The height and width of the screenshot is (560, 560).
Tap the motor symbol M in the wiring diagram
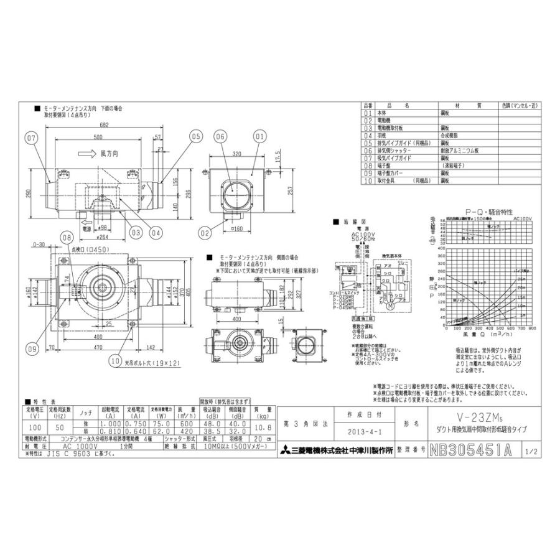389,306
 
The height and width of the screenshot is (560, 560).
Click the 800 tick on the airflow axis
531,328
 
